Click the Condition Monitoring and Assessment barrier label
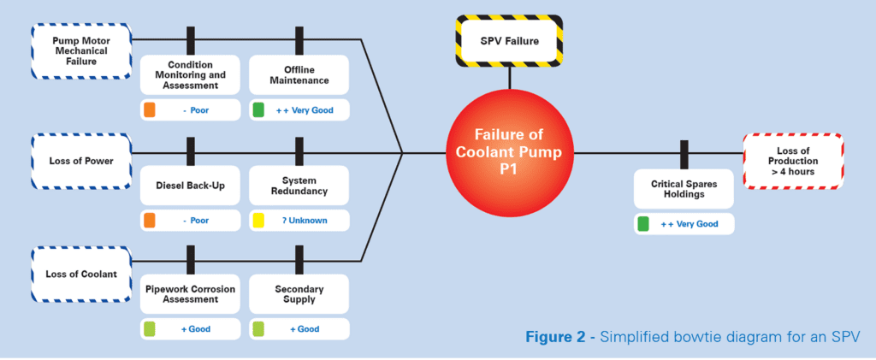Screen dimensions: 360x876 point(189,74)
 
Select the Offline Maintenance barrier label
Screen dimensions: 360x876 point(299,74)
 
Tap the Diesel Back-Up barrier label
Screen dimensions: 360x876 point(189,186)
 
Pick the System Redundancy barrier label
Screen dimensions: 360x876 point(299,186)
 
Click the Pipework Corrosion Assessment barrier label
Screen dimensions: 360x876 point(189,294)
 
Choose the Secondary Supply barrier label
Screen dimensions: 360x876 point(299,294)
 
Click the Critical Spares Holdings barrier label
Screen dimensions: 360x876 point(684,188)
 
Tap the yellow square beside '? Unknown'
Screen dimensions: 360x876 point(258,220)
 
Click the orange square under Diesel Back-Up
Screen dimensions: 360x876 point(149,220)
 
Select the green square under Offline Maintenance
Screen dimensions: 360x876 point(258,110)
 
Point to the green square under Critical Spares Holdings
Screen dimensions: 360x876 point(643,224)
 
